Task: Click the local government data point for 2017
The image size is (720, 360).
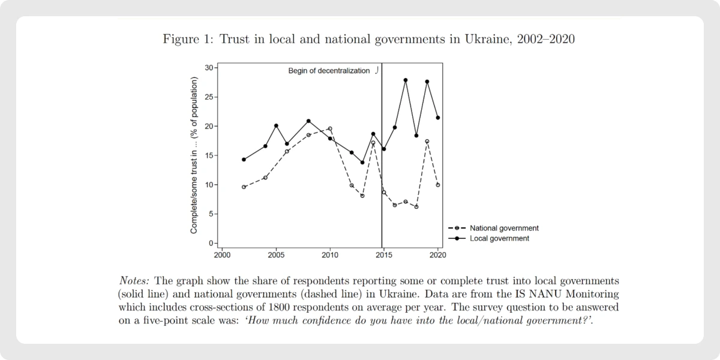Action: (x=406, y=80)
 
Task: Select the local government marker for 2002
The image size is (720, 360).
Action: (x=244, y=160)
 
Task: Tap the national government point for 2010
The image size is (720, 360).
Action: (x=330, y=128)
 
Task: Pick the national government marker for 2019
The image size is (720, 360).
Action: (x=427, y=142)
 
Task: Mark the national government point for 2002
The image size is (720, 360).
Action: (x=244, y=187)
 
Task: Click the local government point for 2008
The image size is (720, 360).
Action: (x=308, y=121)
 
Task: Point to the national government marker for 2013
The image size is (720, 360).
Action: (x=362, y=196)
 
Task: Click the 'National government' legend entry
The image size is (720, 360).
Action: (x=504, y=228)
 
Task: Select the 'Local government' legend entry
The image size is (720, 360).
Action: (x=499, y=238)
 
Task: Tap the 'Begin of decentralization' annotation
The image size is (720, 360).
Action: (x=329, y=71)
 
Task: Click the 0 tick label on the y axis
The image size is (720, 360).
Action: (x=211, y=244)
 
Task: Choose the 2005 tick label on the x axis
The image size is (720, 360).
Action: (x=276, y=254)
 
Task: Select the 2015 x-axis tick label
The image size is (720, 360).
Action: (x=384, y=254)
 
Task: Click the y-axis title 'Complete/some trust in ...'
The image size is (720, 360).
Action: (x=194, y=155)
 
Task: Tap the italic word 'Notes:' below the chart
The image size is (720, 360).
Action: (x=136, y=281)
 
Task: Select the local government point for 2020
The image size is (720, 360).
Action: (x=438, y=118)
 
